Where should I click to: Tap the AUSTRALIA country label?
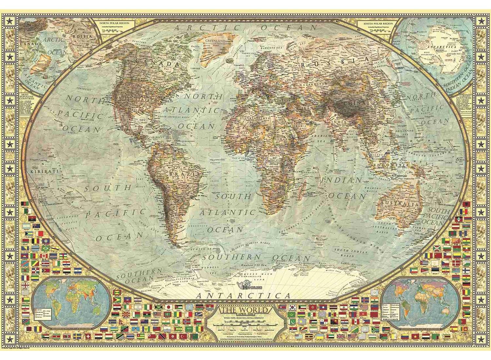399,204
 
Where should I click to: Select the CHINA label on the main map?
355,103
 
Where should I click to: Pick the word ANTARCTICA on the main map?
243,296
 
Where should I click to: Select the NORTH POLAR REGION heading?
115,24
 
